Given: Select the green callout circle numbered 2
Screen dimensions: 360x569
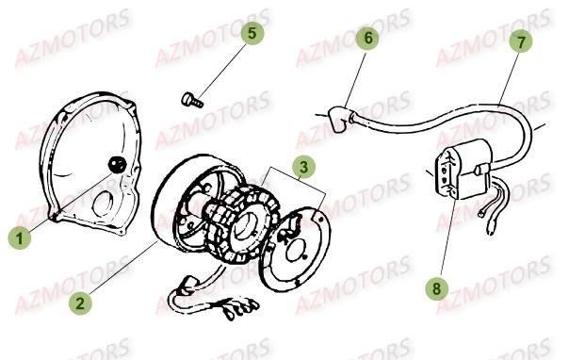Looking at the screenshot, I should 81,303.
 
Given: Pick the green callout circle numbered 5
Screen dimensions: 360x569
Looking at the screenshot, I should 250,33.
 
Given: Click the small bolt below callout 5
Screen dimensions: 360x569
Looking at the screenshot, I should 188,97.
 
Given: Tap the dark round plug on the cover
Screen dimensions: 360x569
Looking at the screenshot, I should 116,166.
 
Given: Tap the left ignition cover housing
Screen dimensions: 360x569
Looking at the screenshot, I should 80,155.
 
